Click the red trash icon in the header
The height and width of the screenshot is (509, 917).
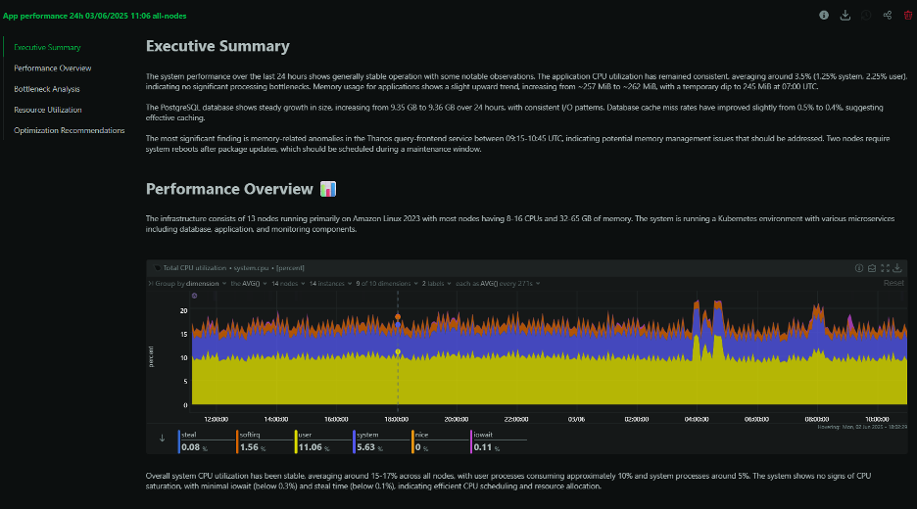(x=907, y=15)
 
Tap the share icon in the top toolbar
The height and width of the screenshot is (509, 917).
(x=887, y=15)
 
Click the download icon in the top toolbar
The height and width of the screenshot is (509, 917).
(x=845, y=15)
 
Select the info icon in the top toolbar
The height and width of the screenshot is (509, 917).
(x=823, y=15)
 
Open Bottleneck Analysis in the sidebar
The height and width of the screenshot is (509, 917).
(x=47, y=89)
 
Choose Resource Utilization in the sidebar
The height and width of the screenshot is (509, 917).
(x=48, y=110)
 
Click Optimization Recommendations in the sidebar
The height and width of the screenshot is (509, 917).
(x=70, y=130)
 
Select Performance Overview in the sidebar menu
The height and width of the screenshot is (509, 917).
(x=53, y=69)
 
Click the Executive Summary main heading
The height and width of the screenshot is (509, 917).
(x=217, y=46)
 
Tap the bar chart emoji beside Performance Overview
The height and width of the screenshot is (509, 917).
(x=328, y=188)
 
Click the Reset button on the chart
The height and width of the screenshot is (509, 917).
(x=893, y=283)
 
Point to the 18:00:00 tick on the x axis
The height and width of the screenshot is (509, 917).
(x=397, y=417)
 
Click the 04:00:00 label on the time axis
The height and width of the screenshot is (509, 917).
(x=697, y=417)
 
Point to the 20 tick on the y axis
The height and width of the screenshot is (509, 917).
(x=183, y=310)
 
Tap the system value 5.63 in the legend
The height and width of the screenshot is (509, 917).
(x=374, y=447)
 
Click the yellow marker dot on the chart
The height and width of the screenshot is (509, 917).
(x=398, y=351)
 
